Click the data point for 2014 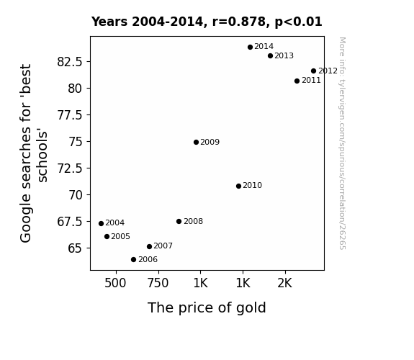tap(250, 48)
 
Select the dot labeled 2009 tap(196, 143)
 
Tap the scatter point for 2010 tap(238, 186)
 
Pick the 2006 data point tap(134, 260)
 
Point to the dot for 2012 tap(313, 71)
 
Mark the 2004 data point tap(101, 224)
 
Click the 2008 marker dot tap(179, 221)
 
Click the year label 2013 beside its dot tap(284, 56)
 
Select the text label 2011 tap(311, 81)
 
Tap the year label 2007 tap(163, 246)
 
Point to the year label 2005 tap(120, 236)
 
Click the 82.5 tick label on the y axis tap(70, 62)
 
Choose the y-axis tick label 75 tap(76, 142)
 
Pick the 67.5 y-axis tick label tap(70, 222)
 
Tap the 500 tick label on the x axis tap(115, 283)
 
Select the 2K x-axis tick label tap(284, 283)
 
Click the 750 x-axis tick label tap(158, 283)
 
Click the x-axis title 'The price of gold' tap(207, 308)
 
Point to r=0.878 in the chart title tap(239, 22)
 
